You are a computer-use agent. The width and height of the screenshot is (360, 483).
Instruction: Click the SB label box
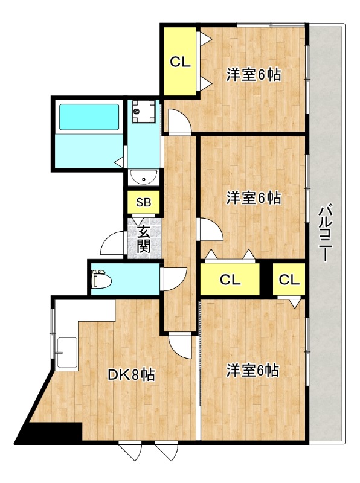(144, 202)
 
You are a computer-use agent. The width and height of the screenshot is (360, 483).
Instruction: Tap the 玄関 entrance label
(144, 238)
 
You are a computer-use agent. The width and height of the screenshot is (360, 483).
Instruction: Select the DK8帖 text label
(132, 375)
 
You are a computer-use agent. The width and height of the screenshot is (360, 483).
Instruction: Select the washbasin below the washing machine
(144, 177)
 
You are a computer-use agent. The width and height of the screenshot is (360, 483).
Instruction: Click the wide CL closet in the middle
(230, 279)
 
